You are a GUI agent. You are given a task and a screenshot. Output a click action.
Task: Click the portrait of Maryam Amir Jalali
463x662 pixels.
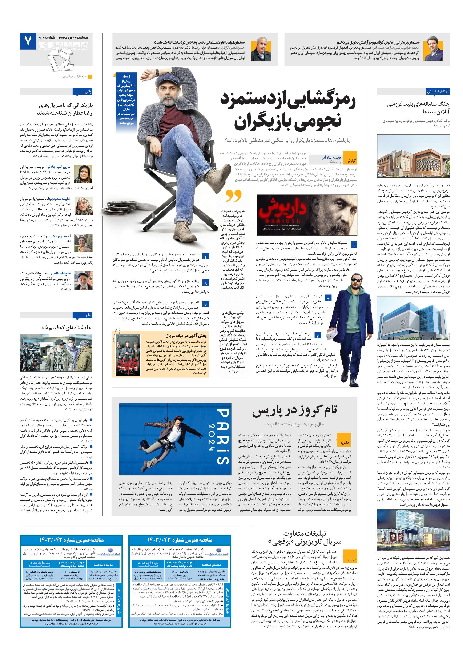coord(83,174)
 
